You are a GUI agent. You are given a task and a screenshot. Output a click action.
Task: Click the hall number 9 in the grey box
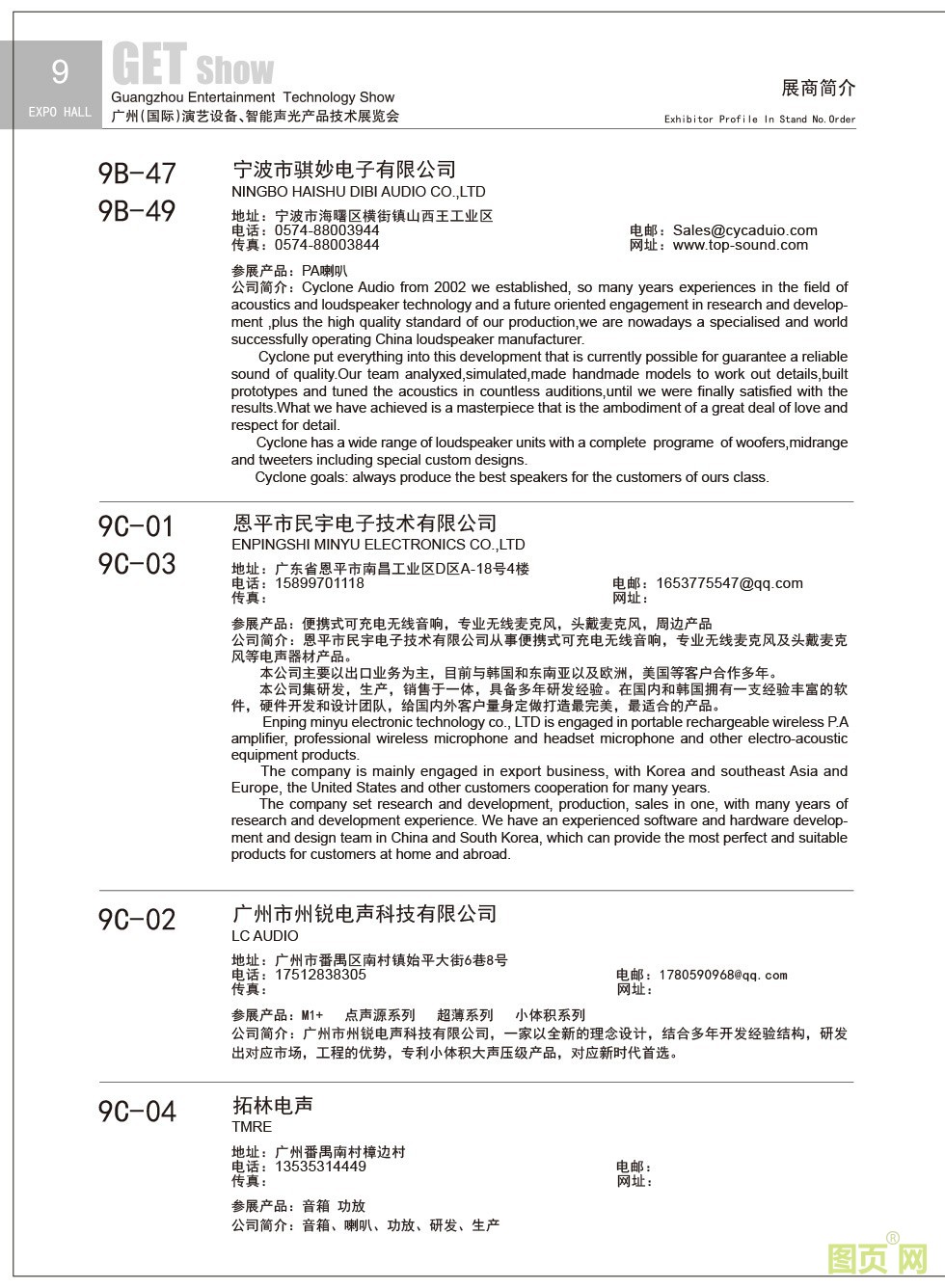pos(60,71)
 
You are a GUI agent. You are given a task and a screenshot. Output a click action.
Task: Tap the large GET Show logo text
pos(193,66)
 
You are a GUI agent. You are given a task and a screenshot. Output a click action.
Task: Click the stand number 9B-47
pos(138,174)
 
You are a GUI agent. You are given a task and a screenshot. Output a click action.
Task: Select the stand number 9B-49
pos(138,211)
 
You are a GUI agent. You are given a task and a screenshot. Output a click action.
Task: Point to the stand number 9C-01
pos(137,526)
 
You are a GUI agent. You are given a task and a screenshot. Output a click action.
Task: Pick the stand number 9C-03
pos(137,564)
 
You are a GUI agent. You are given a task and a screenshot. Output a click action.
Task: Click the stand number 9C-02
pos(137,920)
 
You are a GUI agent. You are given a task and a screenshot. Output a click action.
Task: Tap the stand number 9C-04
pos(137,1112)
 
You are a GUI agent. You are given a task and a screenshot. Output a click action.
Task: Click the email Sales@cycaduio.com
pos(744,230)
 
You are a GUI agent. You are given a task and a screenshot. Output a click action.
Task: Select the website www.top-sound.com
pos(741,245)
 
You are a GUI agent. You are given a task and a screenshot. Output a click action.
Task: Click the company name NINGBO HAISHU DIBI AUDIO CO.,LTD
pos(359,192)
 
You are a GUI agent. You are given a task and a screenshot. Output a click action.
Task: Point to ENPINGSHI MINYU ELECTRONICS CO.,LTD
pos(378,545)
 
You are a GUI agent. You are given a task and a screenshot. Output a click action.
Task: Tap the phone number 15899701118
pos(319,583)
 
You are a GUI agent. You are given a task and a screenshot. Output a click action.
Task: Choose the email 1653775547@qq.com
pos(729,583)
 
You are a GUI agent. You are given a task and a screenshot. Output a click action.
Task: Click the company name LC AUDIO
pos(265,936)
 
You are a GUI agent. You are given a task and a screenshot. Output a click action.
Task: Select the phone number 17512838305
pos(320,975)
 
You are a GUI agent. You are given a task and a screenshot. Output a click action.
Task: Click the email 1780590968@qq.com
pos(723,976)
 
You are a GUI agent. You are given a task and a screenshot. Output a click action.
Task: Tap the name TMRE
pos(252,1127)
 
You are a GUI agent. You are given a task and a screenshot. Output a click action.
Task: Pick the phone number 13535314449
pos(320,1167)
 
